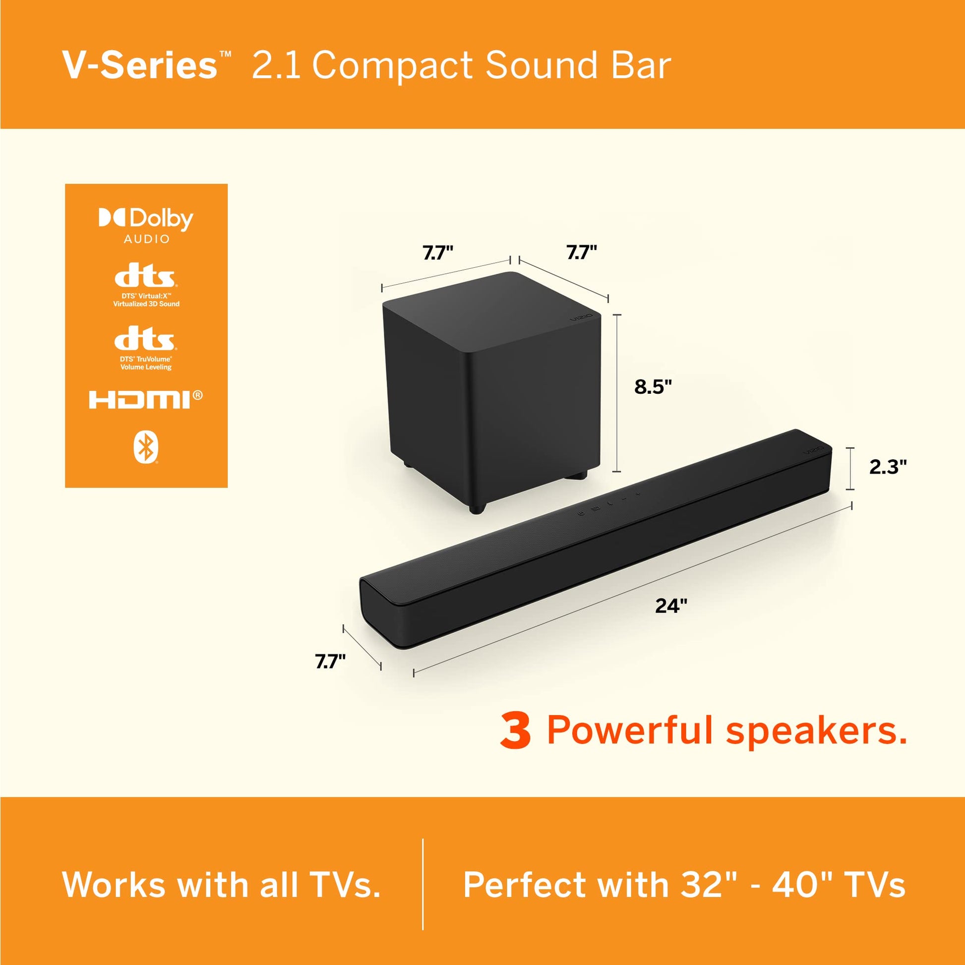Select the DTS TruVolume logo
tap(146, 348)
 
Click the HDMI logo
tap(146, 399)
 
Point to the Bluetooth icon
tap(146, 448)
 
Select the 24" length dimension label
tap(671, 606)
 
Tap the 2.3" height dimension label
tap(888, 467)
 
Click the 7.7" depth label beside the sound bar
tap(330, 662)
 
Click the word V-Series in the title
tap(140, 65)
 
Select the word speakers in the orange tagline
tap(816, 731)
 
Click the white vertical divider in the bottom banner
tap(423, 884)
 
